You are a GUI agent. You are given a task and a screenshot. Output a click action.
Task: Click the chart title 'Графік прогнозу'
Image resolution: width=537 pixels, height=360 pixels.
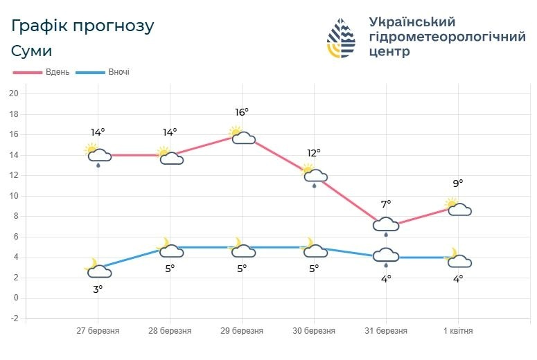click(x=82, y=26)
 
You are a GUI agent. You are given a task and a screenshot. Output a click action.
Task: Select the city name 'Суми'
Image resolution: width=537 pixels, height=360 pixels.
click(x=32, y=51)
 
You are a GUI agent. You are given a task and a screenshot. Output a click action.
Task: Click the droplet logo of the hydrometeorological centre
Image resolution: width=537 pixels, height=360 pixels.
click(x=341, y=37)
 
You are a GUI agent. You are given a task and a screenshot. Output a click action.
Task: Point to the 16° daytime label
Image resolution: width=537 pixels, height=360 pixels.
click(x=242, y=112)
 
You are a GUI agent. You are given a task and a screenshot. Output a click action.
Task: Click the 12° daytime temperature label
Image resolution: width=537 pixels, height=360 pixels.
click(x=314, y=153)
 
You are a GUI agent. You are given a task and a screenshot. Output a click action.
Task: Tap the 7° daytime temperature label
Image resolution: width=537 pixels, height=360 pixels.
click(x=386, y=204)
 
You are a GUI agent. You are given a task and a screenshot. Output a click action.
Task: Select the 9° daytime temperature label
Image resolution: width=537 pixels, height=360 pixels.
click(x=458, y=183)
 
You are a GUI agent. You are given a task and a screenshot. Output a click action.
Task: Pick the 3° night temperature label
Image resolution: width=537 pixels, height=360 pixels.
click(x=98, y=289)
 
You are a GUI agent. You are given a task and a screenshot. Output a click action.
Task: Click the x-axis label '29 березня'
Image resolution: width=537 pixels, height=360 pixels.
click(x=242, y=331)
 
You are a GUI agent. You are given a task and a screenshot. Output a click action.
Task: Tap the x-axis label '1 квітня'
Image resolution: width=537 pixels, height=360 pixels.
click(x=458, y=331)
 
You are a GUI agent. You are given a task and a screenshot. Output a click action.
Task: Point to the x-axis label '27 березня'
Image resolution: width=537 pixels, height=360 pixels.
click(x=98, y=331)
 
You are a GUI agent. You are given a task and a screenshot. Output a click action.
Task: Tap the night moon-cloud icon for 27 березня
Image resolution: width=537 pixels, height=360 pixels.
click(x=98, y=269)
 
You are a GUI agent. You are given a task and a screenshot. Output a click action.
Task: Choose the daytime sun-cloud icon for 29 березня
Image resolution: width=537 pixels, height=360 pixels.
click(x=242, y=135)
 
